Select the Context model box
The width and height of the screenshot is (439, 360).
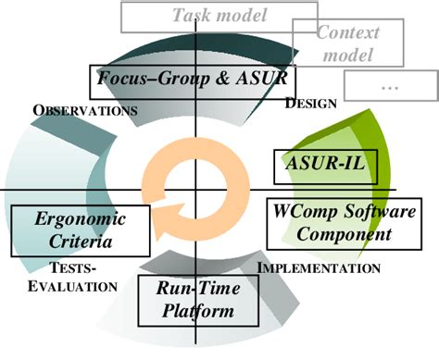click(x=347, y=43)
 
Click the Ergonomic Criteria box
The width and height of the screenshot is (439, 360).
click(x=81, y=230)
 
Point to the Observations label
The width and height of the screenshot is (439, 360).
click(x=85, y=109)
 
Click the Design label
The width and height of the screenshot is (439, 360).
click(x=310, y=103)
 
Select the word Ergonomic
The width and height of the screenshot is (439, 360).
click(x=80, y=219)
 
